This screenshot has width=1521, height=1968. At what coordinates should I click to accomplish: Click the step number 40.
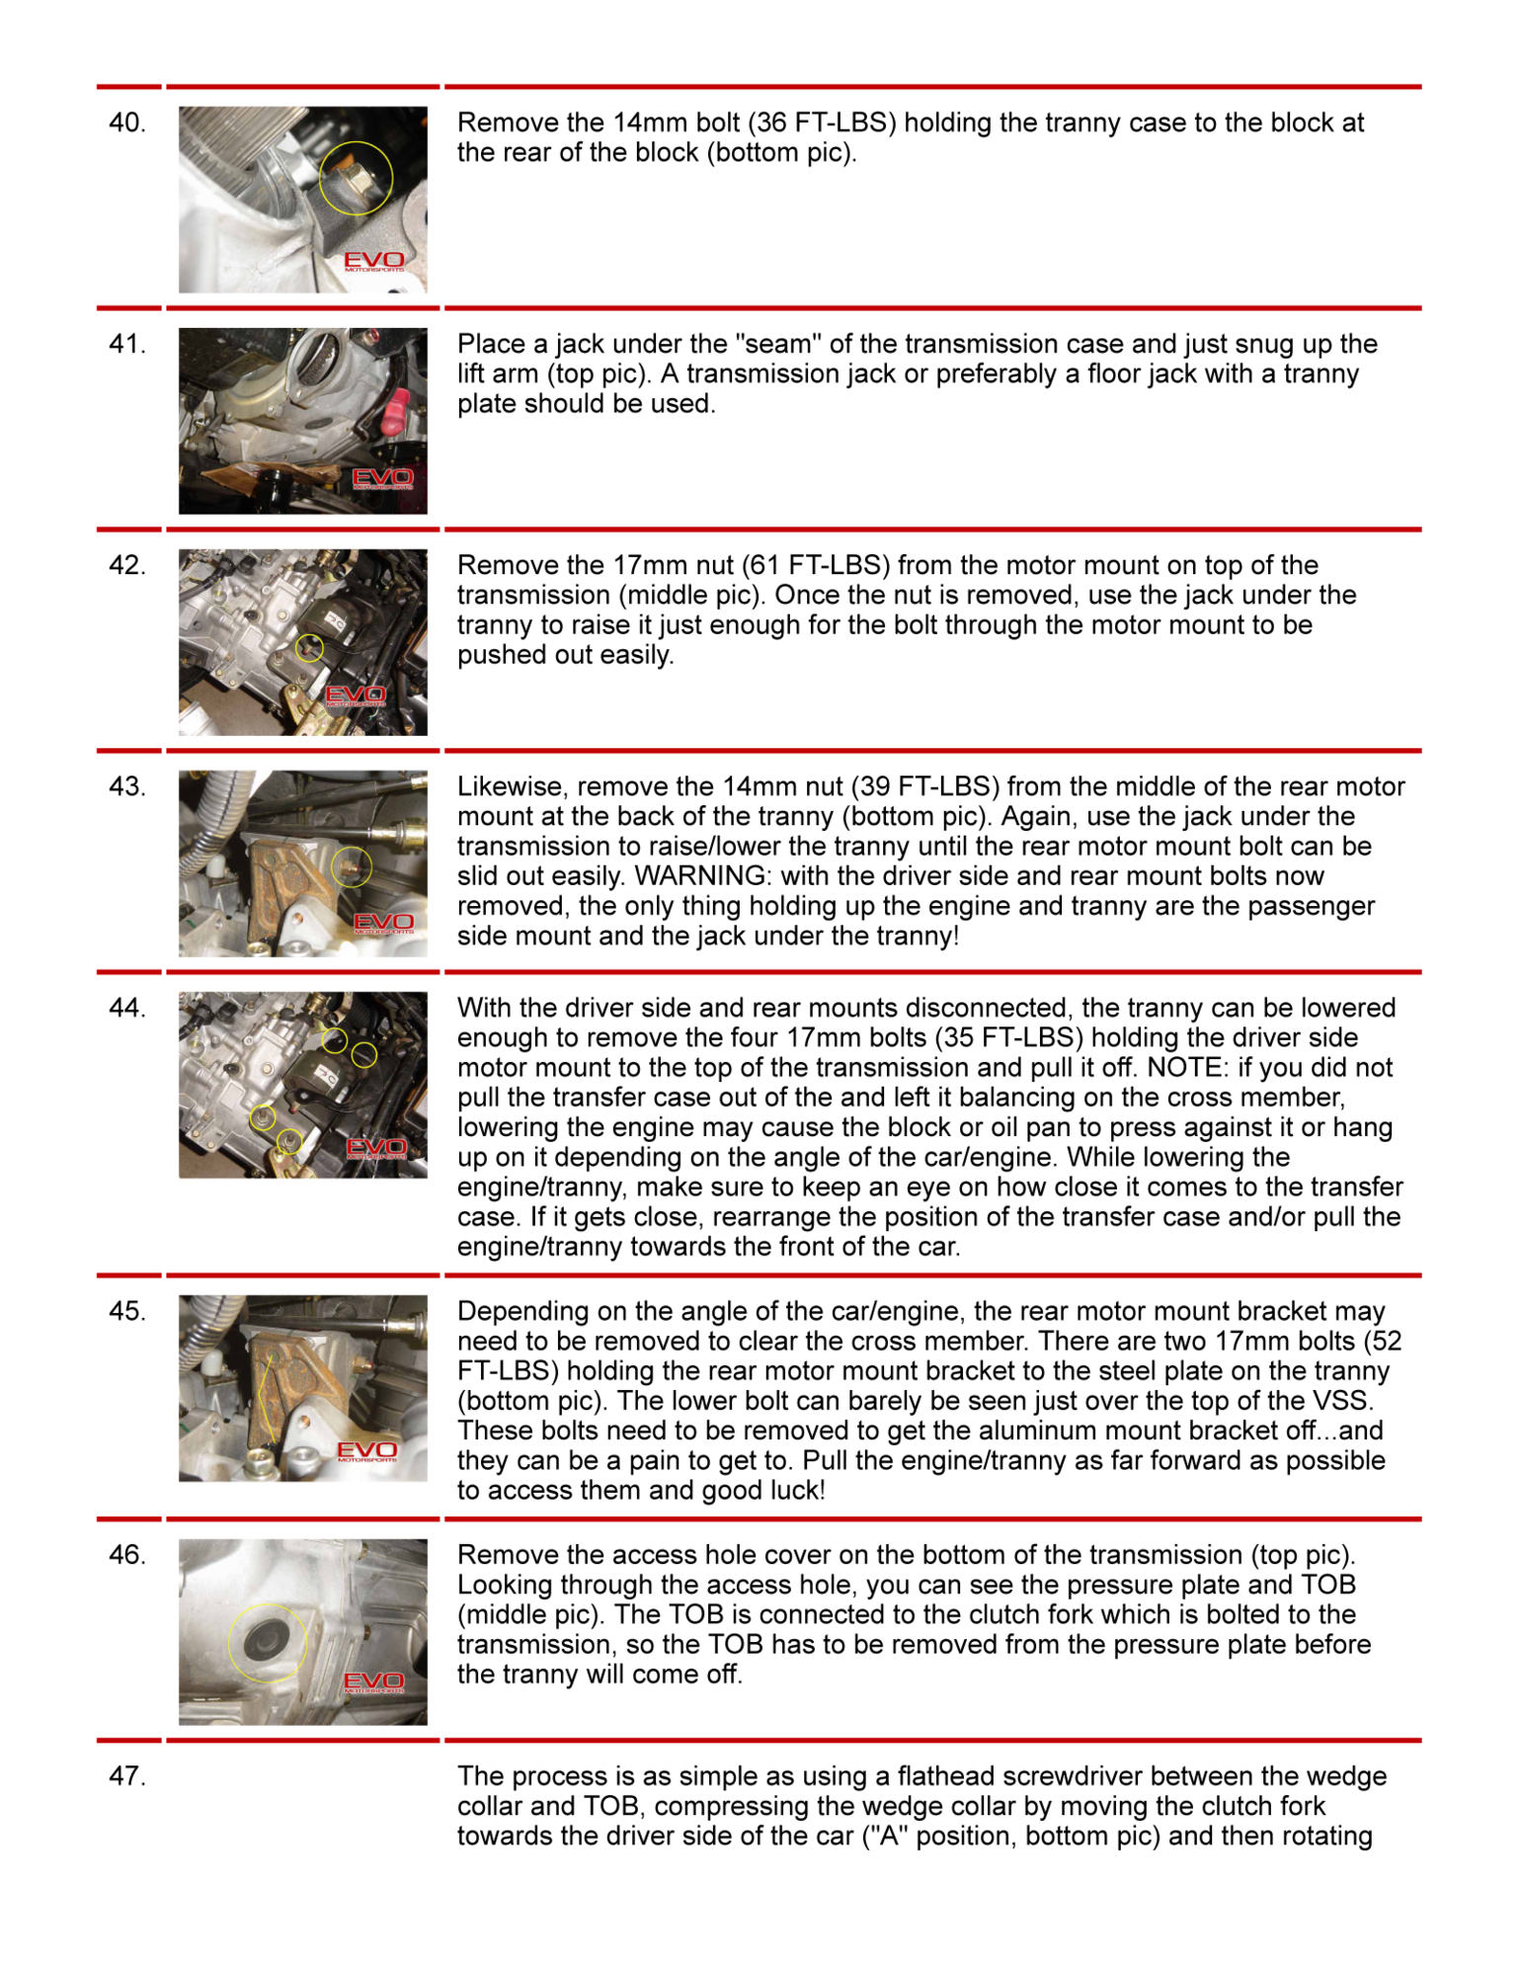[127, 123]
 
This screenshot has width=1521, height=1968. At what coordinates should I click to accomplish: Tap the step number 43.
[127, 787]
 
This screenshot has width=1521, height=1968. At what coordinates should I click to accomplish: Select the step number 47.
[127, 1776]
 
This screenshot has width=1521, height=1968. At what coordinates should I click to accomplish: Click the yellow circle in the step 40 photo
[356, 178]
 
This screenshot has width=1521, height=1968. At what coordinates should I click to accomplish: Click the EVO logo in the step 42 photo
[356, 696]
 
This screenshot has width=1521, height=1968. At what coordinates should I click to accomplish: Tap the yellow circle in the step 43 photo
[352, 866]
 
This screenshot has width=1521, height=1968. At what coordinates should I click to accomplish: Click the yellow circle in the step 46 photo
[267, 1641]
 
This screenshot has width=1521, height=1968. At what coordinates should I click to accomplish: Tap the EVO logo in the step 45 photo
[366, 1450]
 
